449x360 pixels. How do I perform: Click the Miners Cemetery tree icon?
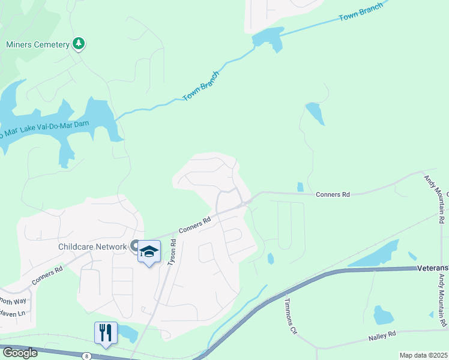point(78,43)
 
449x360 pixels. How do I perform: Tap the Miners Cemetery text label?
point(37,44)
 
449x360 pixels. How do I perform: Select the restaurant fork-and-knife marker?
point(106,333)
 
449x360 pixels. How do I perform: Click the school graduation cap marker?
point(149,252)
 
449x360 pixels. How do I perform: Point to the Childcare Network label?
point(92,247)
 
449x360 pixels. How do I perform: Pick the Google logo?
point(19,352)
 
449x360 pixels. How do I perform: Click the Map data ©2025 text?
point(423,355)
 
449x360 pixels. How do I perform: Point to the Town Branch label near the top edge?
point(360,13)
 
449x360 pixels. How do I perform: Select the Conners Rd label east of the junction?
point(333,194)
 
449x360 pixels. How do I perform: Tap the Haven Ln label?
point(13,313)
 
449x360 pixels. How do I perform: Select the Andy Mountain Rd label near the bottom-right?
point(443,306)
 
